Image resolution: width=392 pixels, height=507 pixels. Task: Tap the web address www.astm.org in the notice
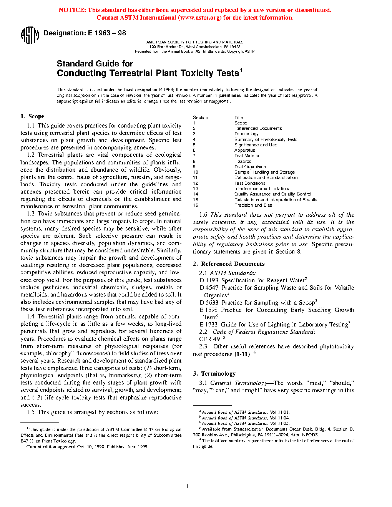(200, 18)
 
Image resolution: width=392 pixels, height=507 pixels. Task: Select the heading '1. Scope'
(32, 116)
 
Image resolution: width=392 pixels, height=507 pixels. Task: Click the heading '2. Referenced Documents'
(229, 264)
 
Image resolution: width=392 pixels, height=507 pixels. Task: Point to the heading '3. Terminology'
(214, 374)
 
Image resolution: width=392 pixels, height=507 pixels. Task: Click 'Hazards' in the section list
(243, 161)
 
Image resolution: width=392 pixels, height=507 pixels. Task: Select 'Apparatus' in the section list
(245, 150)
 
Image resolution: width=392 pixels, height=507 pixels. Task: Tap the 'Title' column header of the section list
(239, 118)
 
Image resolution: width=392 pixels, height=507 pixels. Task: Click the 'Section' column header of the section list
(200, 118)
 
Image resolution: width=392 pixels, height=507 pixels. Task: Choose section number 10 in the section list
(196, 172)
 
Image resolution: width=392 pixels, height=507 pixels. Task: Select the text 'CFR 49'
(209, 339)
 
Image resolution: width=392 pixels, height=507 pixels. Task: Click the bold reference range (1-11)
(242, 354)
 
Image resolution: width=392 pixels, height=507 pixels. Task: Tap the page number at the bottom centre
(187, 487)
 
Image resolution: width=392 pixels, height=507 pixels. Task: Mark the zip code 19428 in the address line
(235, 47)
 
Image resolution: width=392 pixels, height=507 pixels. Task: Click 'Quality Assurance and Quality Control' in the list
(273, 194)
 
